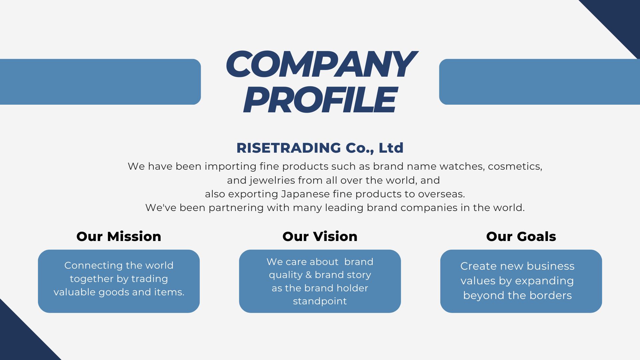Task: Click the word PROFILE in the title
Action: [x=320, y=99]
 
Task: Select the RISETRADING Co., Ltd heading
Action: [x=320, y=148]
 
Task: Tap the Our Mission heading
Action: [x=119, y=236]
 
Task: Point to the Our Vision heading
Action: [x=320, y=236]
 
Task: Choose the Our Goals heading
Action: [x=521, y=236]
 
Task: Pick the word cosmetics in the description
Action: [x=515, y=167]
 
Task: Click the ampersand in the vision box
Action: [x=309, y=275]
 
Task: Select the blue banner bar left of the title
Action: [x=100, y=82]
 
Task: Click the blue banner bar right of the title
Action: [x=539, y=82]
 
